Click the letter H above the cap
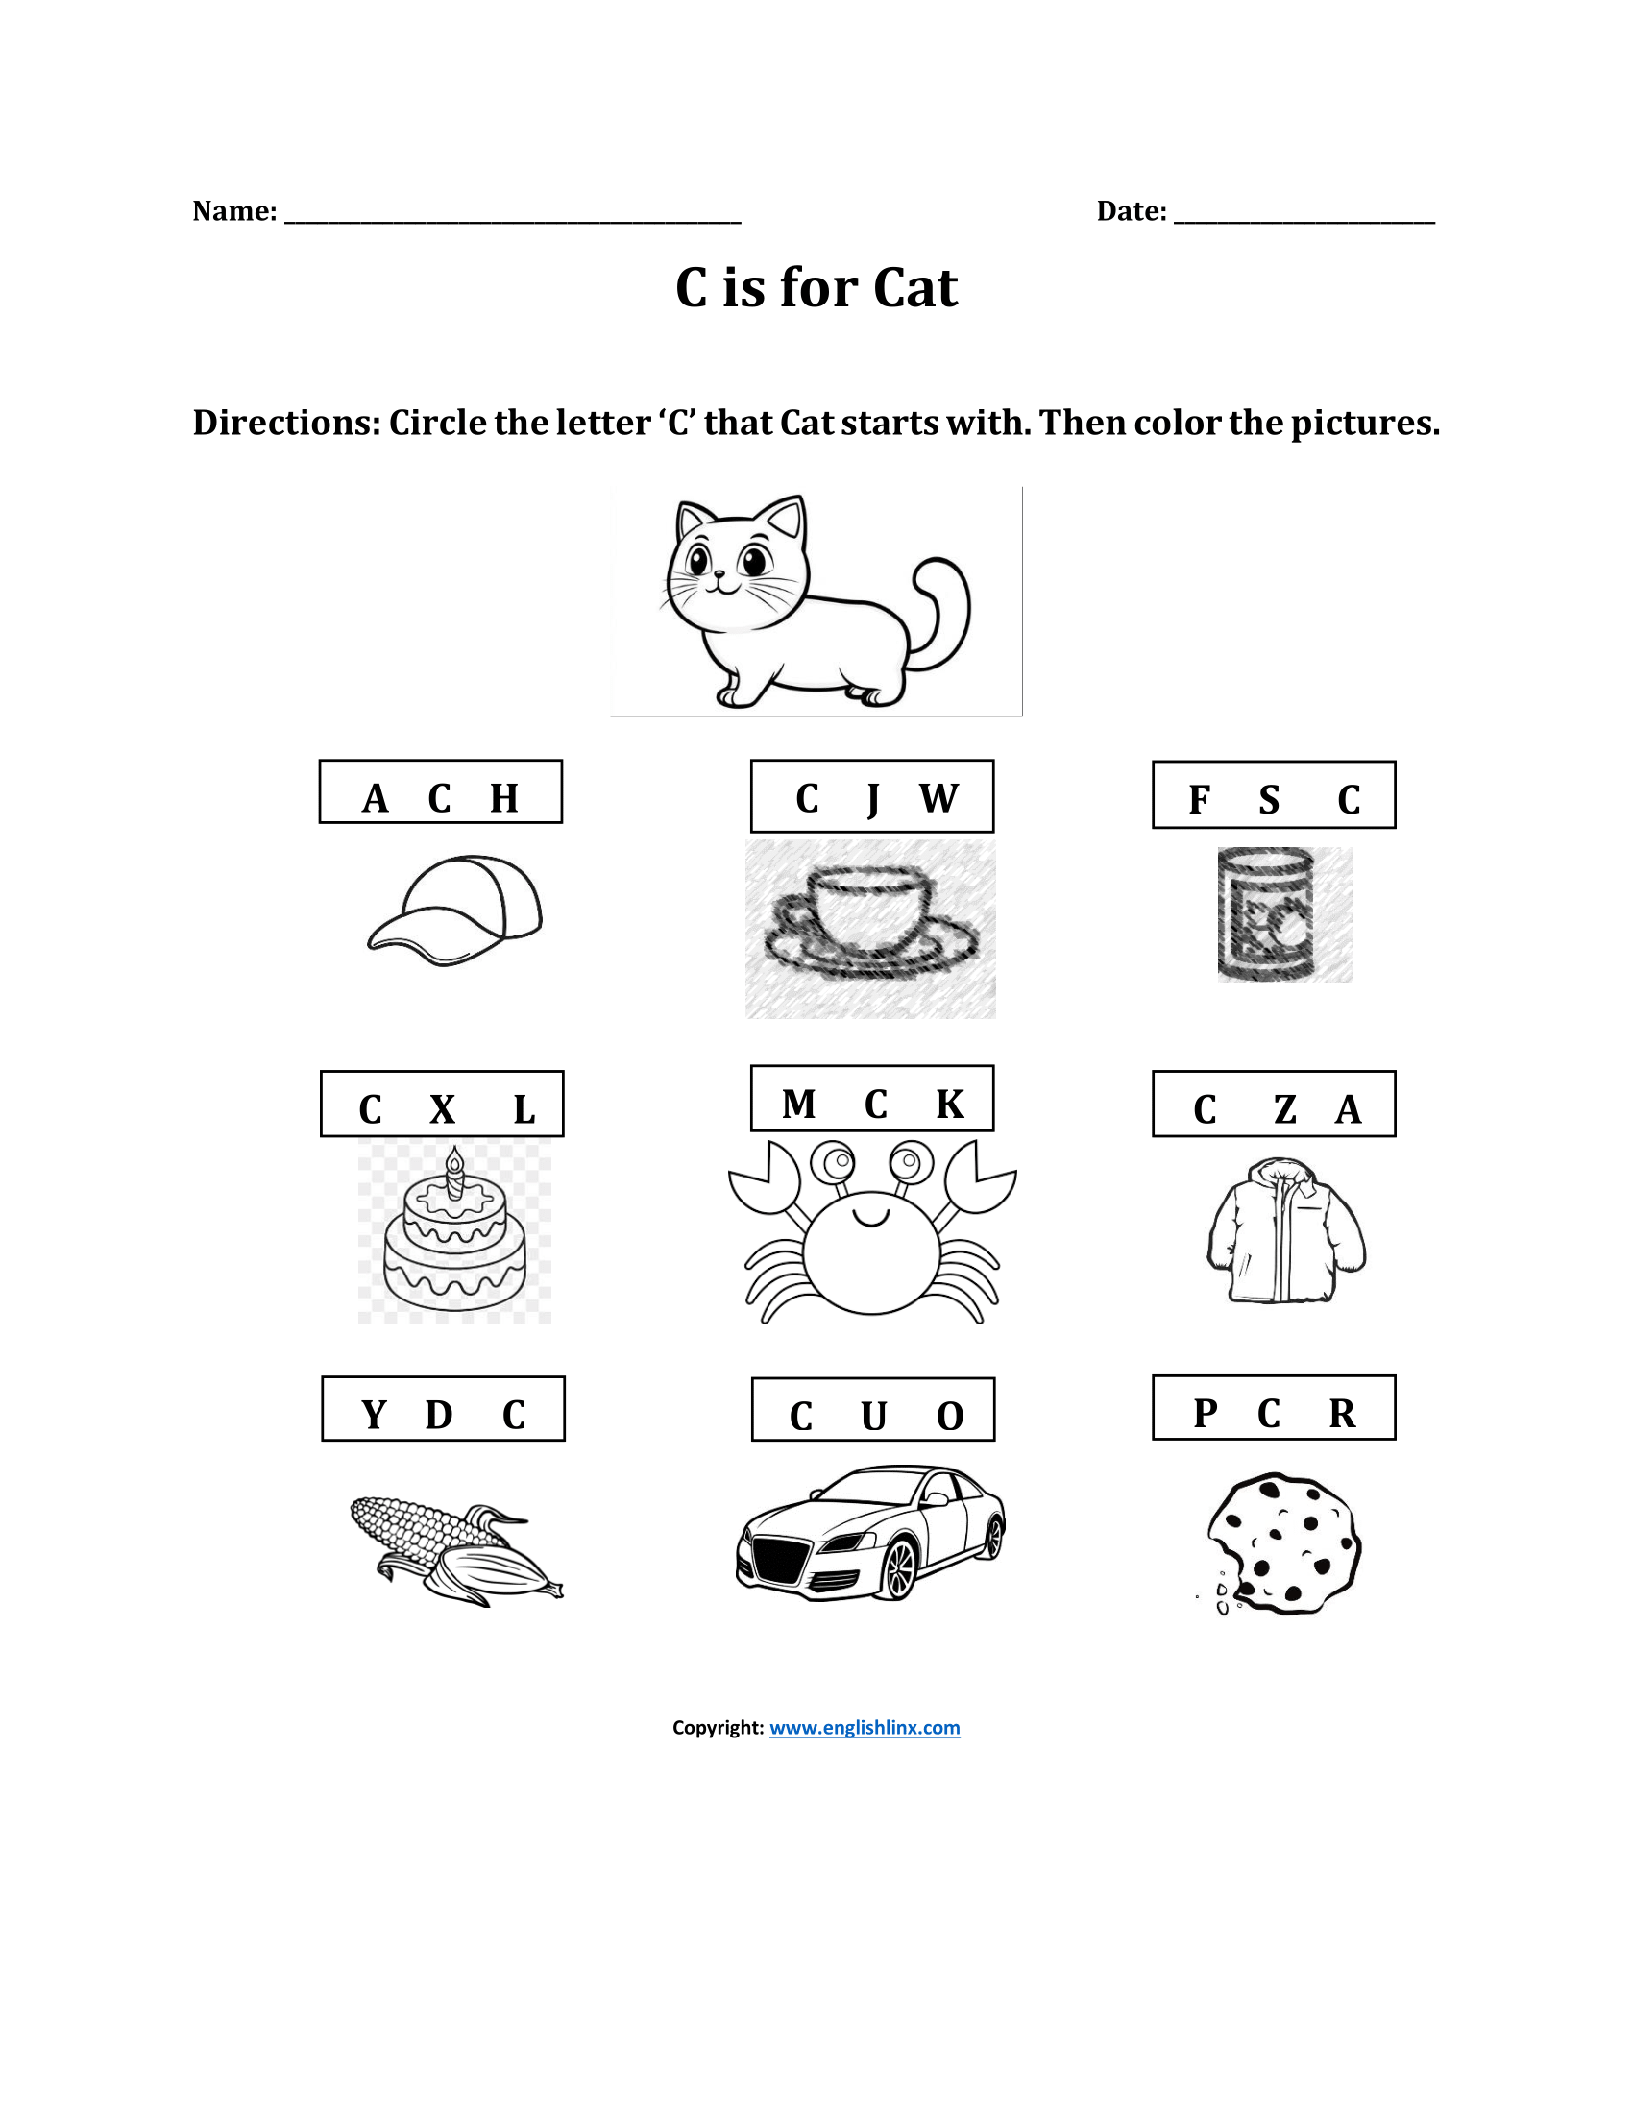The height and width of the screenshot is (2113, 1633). pos(504,798)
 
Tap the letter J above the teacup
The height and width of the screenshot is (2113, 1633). pos(872,799)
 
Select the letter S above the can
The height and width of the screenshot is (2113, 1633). pos(1268,800)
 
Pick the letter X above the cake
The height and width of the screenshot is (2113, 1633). pos(442,1108)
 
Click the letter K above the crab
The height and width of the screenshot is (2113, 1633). pos(949,1104)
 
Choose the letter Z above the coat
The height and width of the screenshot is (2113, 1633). pos(1283,1109)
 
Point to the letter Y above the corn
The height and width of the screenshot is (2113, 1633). pos(374,1415)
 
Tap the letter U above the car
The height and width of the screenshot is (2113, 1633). pos(873,1417)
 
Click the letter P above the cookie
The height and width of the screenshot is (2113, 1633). pos(1205,1414)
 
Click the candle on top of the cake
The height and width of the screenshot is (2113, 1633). pos(454,1173)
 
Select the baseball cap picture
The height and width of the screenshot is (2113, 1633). pos(454,910)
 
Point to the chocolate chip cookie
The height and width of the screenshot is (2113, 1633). pos(1282,1544)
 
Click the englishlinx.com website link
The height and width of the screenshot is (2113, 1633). pos(864,1728)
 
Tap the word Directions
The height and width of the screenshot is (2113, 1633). pos(285,423)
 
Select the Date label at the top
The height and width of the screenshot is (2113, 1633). pos(1131,211)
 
